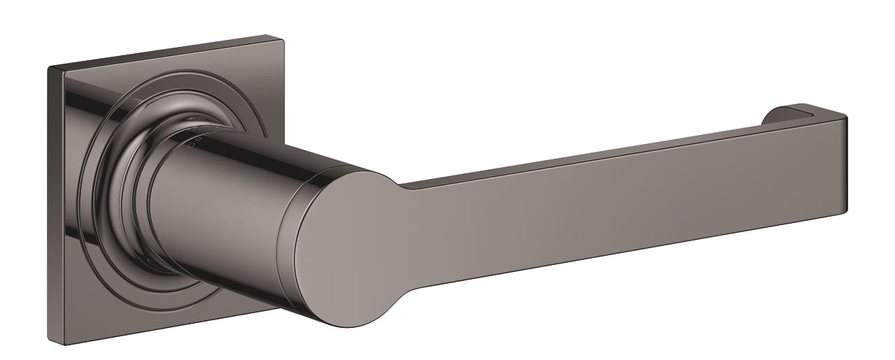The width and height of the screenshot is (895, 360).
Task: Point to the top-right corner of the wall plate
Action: (x=281, y=36)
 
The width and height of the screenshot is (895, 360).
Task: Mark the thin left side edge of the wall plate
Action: (x=57, y=210)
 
